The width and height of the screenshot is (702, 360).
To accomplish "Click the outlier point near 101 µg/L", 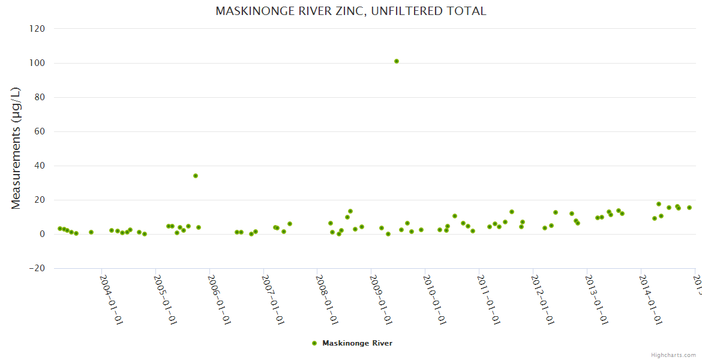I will [397, 61].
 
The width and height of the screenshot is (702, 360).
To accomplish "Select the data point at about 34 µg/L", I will [196, 176].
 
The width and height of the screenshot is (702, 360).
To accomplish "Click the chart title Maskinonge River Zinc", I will [351, 11].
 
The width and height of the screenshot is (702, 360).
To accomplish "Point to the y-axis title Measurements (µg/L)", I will [16, 148].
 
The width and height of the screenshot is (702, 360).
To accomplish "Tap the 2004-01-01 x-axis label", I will [111, 299].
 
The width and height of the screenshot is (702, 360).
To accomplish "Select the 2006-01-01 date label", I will [219, 299].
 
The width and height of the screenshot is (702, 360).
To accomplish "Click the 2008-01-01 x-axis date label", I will [327, 299].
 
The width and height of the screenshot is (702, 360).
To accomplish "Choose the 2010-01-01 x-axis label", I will [435, 299].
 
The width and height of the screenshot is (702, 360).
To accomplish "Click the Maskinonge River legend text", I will [358, 343].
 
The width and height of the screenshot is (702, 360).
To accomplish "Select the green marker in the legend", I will [314, 343].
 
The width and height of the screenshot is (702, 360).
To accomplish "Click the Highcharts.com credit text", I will [673, 355].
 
